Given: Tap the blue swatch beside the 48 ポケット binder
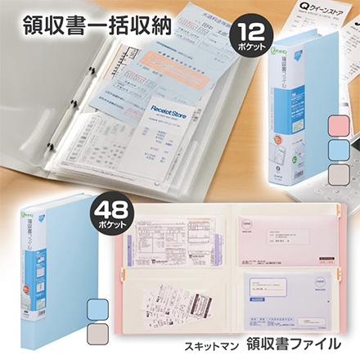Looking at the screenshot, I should [97, 307].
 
